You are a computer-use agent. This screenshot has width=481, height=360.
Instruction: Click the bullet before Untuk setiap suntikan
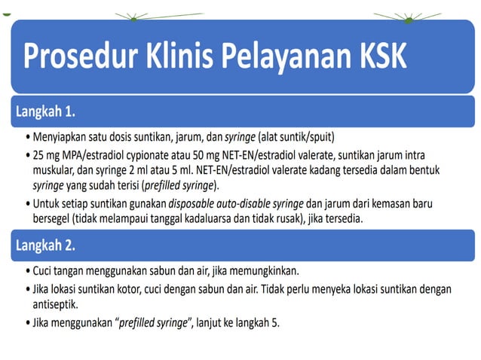(27, 203)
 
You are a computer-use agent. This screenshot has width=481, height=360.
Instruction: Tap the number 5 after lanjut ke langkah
(275, 323)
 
